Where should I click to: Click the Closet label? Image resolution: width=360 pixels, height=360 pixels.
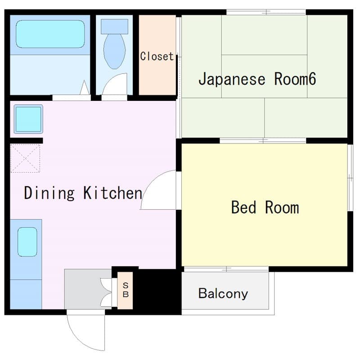coord(156,57)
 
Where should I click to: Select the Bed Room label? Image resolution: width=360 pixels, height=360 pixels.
coord(265,208)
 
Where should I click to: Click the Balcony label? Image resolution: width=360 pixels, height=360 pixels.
coord(223,294)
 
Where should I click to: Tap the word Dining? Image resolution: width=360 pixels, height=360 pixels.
coord(49,193)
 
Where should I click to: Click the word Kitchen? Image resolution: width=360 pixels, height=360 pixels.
coord(112,193)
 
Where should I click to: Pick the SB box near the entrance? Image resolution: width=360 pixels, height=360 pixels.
coord(126,291)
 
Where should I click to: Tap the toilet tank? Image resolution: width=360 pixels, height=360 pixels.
coord(114,26)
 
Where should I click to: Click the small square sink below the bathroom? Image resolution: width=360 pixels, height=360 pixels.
coord(28,119)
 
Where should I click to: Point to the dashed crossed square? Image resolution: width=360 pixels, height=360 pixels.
coord(25,158)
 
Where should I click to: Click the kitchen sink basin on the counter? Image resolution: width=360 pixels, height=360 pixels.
coord(27,242)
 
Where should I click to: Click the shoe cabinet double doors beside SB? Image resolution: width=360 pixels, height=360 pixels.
coord(107,291)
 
